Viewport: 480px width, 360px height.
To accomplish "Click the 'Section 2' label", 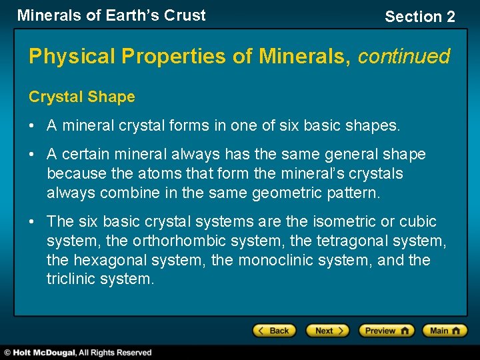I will [x=419, y=17].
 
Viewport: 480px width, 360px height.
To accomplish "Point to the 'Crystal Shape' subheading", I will [x=81, y=97].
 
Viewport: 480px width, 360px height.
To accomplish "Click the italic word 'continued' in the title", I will [x=404, y=56].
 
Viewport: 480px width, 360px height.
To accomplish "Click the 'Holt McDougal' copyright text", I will [x=77, y=353].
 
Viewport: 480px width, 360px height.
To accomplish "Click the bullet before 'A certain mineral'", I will [x=32, y=155].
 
